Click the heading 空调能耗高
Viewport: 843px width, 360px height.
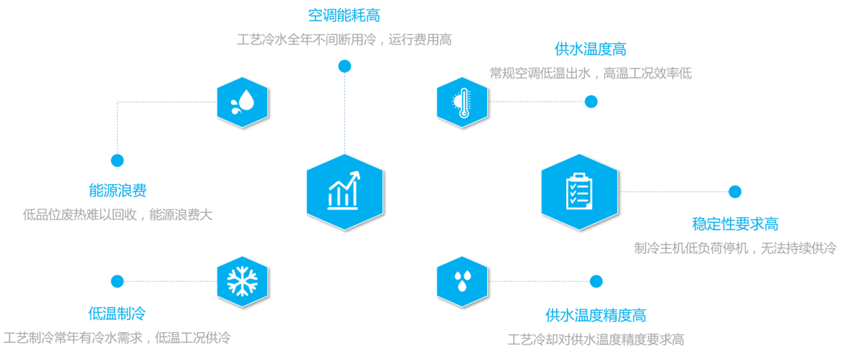(344, 15)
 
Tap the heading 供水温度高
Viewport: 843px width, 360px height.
(590, 49)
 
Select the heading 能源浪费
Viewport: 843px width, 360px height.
(117, 190)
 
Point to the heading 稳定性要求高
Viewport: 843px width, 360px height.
(735, 224)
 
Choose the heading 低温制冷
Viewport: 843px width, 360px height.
(117, 313)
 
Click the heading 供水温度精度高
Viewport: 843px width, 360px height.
(595, 315)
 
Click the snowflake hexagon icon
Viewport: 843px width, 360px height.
(242, 281)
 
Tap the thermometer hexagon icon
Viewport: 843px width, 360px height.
(462, 102)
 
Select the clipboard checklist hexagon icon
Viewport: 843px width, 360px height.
(580, 192)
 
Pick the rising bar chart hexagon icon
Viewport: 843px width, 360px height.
(345, 192)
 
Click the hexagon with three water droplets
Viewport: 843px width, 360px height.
(462, 281)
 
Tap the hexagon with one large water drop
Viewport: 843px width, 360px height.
(242, 102)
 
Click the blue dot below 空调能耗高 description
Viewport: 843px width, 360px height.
(345, 67)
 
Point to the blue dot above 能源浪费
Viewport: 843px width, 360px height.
(117, 161)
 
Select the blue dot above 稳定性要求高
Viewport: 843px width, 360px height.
(735, 192)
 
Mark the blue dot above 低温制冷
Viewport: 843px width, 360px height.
(117, 281)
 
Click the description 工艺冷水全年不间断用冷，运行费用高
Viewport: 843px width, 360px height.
(345, 39)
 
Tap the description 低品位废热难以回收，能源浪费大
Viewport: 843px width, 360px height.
(118, 215)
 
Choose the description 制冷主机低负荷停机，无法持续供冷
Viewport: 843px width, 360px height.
(735, 248)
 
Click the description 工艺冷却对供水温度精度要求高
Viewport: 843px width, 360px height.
(595, 339)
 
